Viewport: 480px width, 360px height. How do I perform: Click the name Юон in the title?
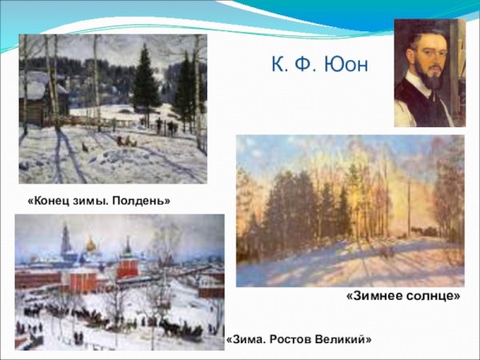(346, 63)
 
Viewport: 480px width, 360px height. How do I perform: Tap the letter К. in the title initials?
(276, 63)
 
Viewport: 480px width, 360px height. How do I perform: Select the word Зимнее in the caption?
(375, 296)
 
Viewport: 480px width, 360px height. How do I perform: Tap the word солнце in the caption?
(431, 296)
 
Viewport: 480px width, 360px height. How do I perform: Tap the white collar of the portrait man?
(416, 86)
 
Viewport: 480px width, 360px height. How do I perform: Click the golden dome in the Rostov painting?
(91, 244)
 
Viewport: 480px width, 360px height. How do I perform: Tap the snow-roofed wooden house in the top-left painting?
(36, 92)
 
